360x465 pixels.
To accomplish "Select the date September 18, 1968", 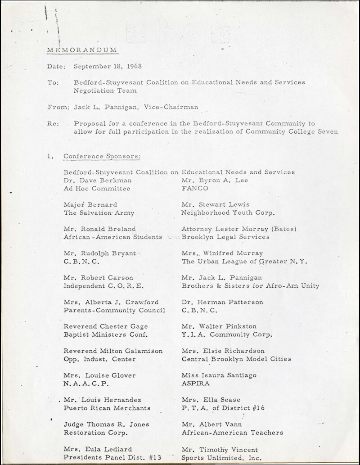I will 108,66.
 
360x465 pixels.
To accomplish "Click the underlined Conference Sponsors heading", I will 102,156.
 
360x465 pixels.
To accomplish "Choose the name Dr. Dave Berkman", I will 97,180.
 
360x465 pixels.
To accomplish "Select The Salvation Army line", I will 99,212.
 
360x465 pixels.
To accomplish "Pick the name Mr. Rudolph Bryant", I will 99,253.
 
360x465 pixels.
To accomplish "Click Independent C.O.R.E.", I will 98,285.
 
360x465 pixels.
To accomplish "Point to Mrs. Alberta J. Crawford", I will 111,302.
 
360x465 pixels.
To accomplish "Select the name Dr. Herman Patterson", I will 222,302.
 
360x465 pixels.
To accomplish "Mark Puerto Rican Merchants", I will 107,408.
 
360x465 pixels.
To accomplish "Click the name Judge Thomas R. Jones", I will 106,424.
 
